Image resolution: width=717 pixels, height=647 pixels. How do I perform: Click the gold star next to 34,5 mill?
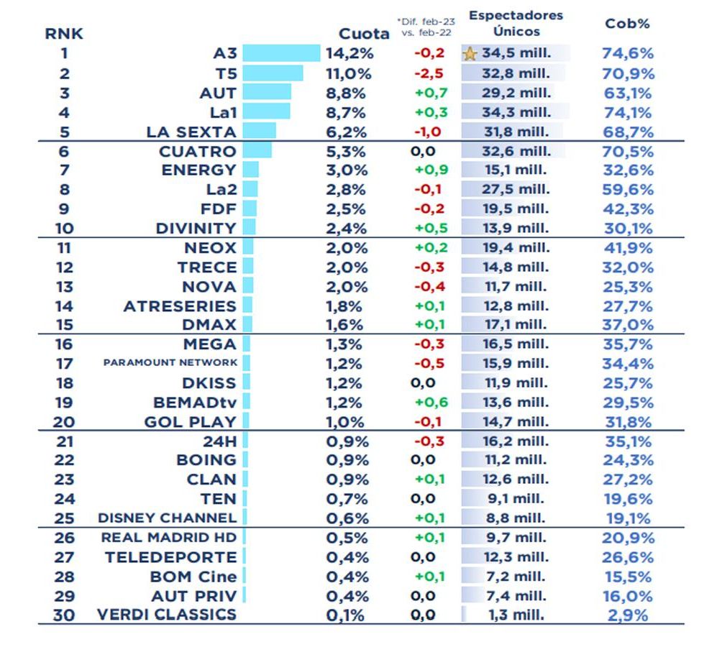tap(470, 54)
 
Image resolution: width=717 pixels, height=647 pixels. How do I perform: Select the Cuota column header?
tap(364, 34)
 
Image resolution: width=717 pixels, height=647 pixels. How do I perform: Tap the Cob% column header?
tap(627, 23)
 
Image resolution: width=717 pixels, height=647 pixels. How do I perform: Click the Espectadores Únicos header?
tap(516, 23)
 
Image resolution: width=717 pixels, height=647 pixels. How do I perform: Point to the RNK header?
tap(64, 34)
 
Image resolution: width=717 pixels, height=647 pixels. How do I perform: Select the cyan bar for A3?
tap(281, 53)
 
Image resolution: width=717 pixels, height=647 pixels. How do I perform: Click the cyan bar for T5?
tap(273, 73)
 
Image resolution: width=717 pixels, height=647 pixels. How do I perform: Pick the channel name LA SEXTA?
tap(191, 132)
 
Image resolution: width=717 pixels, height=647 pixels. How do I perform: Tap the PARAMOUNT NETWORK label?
tap(170, 363)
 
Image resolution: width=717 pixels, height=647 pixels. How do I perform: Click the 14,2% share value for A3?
tap(349, 53)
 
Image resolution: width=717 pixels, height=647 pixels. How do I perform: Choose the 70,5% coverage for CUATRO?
tap(627, 151)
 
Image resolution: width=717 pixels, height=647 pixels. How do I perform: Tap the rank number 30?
tap(64, 615)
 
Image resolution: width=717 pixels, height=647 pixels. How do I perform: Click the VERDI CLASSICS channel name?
tap(166, 615)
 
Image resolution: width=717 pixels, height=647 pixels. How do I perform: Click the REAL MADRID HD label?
tap(168, 537)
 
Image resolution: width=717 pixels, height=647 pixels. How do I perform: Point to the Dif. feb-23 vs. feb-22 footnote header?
tap(426, 27)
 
